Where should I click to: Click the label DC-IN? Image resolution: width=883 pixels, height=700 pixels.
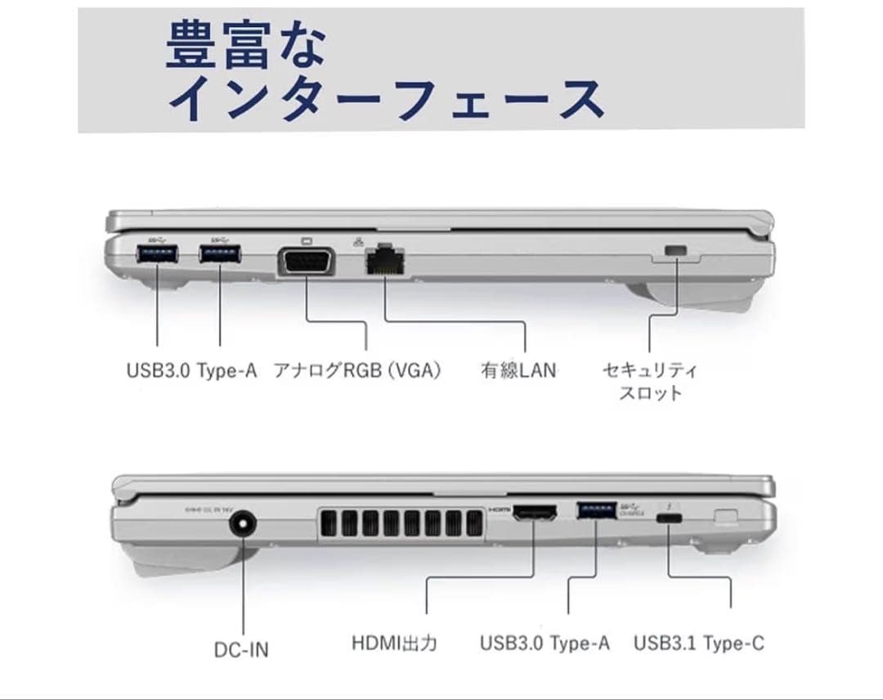240,650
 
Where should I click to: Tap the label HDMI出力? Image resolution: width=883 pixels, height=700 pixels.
394,644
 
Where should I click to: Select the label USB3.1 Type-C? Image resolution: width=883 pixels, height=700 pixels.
699,644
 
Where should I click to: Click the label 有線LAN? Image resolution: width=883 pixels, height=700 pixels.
518,370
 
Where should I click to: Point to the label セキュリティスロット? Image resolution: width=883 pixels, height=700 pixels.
650,381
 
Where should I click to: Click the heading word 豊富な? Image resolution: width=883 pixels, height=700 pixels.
246,45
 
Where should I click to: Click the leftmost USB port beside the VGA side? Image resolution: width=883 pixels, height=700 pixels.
157,254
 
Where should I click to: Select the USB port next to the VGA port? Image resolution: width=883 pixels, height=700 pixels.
220,254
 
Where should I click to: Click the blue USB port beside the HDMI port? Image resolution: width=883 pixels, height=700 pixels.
596,510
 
